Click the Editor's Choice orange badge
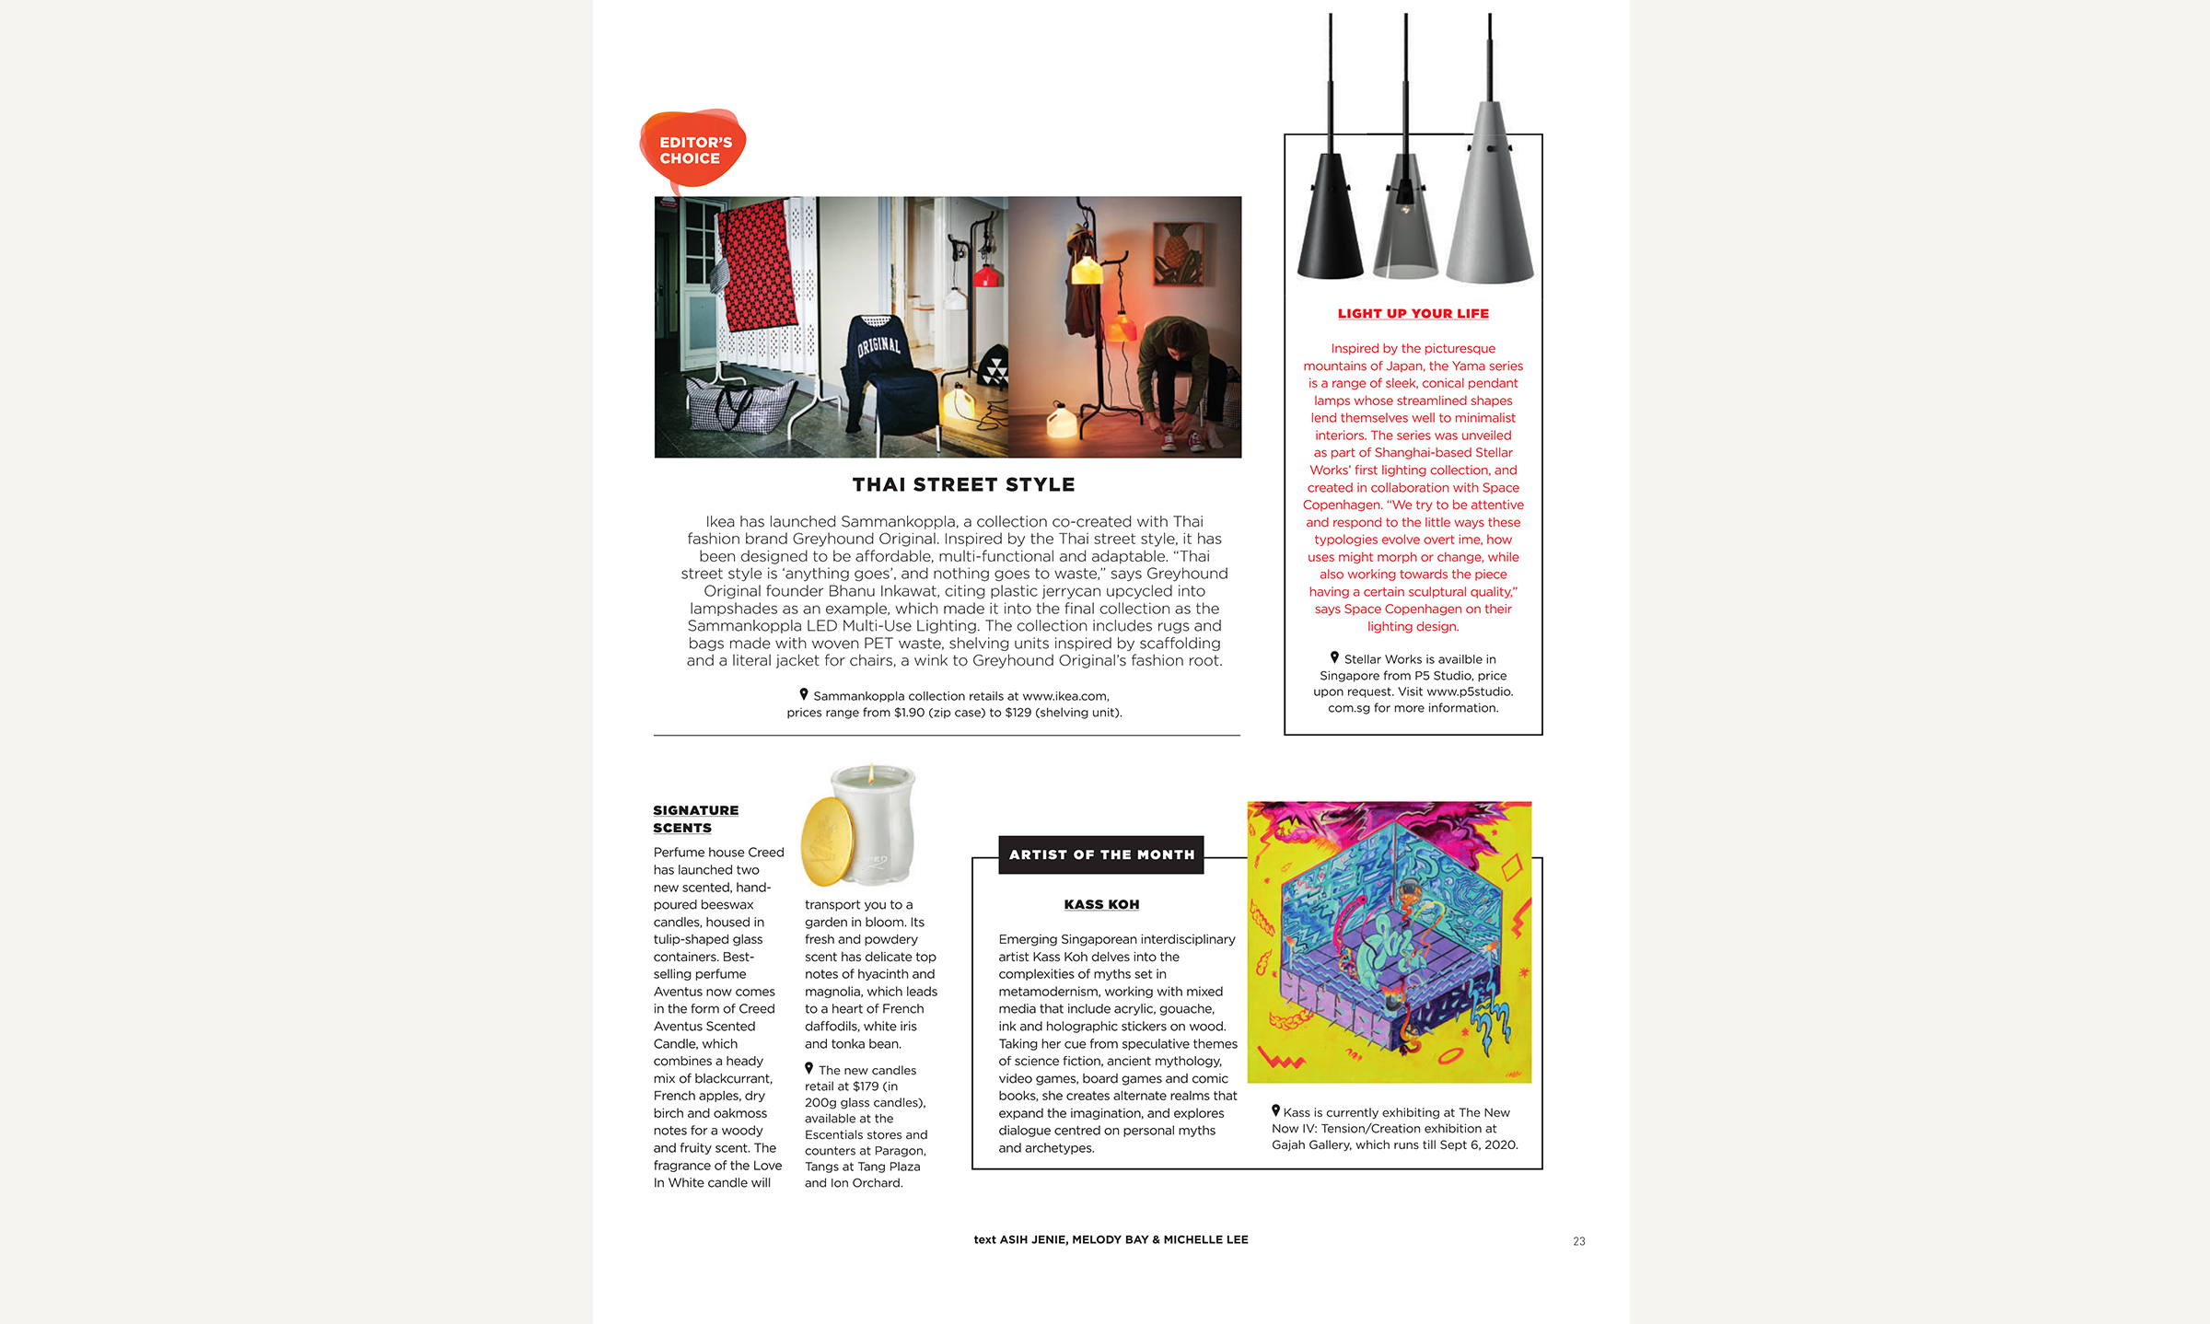pyautogui.click(x=692, y=149)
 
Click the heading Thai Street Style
pyautogui.click(x=963, y=484)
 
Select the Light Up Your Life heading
pyautogui.click(x=1413, y=314)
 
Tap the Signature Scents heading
pyautogui.click(x=695, y=819)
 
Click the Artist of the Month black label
pyautogui.click(x=1101, y=854)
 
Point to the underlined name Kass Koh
pyautogui.click(x=1101, y=904)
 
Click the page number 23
pyautogui.click(x=1578, y=1241)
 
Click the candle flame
pyautogui.click(x=870, y=772)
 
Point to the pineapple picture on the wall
pyautogui.click(x=1179, y=255)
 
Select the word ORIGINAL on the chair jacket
pyautogui.click(x=878, y=345)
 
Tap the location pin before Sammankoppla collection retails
pyautogui.click(x=804, y=694)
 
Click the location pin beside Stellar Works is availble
pyautogui.click(x=1334, y=657)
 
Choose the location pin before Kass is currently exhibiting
pyautogui.click(x=1275, y=1110)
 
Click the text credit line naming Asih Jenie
pyautogui.click(x=1111, y=1239)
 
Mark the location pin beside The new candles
pyautogui.click(x=809, y=1068)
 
